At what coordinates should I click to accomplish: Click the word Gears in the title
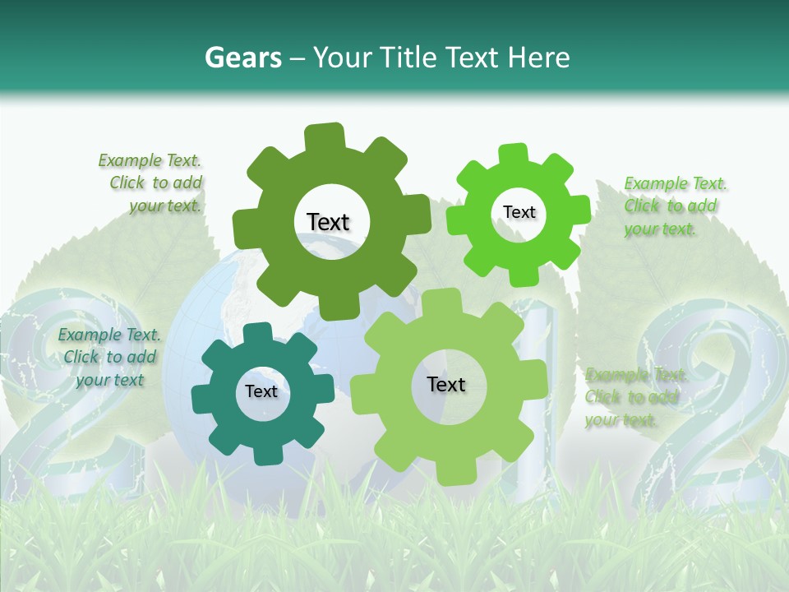pyautogui.click(x=242, y=58)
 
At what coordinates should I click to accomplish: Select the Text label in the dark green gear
pyautogui.click(x=328, y=222)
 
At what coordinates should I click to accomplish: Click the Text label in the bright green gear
pyautogui.click(x=519, y=212)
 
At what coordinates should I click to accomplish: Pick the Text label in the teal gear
pyautogui.click(x=261, y=391)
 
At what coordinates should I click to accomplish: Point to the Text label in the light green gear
pyautogui.click(x=446, y=384)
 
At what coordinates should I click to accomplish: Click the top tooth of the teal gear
pyautogui.click(x=256, y=334)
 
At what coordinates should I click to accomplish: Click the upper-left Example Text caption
pyautogui.click(x=151, y=183)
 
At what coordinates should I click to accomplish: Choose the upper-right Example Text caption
pyautogui.click(x=674, y=206)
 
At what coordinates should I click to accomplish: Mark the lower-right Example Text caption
pyautogui.click(x=634, y=397)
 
